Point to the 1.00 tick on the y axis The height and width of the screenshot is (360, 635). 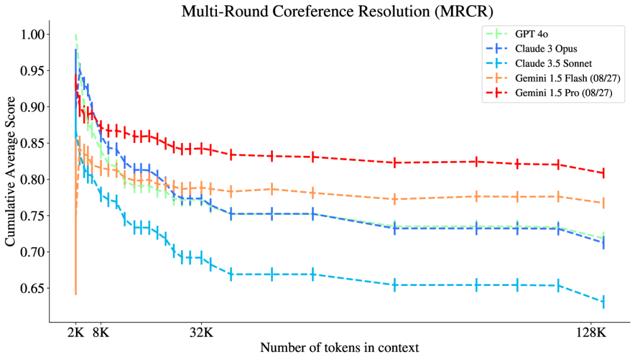point(34,35)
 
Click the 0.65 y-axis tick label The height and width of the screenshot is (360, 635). point(34,288)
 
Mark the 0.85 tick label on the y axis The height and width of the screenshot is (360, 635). point(34,144)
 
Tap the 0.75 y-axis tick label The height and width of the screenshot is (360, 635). point(34,216)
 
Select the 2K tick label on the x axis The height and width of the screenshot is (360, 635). point(75,332)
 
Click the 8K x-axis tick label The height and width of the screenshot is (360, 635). point(101,332)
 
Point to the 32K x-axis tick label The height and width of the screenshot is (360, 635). point(201,332)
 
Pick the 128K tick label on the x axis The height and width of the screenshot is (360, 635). point(590,332)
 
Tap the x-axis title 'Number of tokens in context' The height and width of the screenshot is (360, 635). point(339,347)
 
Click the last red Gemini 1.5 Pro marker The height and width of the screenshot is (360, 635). point(603,173)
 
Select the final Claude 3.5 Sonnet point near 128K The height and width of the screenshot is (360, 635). point(603,302)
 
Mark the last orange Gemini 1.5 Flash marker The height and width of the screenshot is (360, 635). point(603,203)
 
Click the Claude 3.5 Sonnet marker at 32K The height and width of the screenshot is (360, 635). point(201,258)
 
